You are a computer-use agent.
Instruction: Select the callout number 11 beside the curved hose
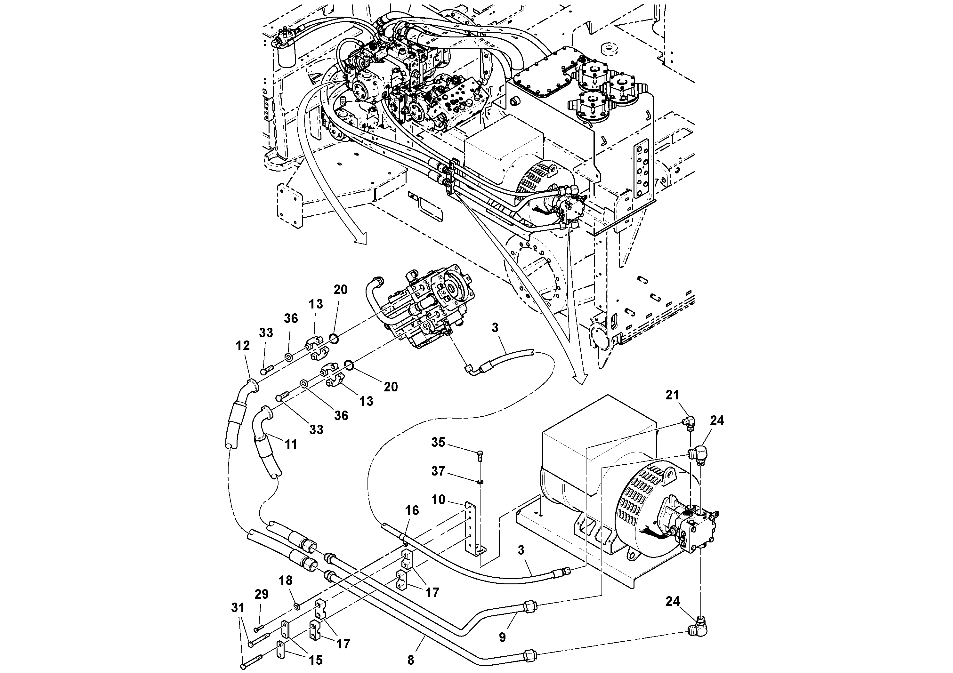pyautogui.click(x=291, y=445)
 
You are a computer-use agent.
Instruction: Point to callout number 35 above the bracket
pyautogui.click(x=438, y=442)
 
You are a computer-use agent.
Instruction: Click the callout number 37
pyautogui.click(x=438, y=471)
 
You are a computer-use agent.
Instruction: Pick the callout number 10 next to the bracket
pyautogui.click(x=438, y=500)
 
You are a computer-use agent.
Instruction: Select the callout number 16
pyautogui.click(x=412, y=510)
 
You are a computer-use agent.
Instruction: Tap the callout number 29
pyautogui.click(x=262, y=594)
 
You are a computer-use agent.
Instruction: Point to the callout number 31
pyautogui.click(x=238, y=608)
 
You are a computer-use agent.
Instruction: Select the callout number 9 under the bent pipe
pyautogui.click(x=502, y=637)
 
